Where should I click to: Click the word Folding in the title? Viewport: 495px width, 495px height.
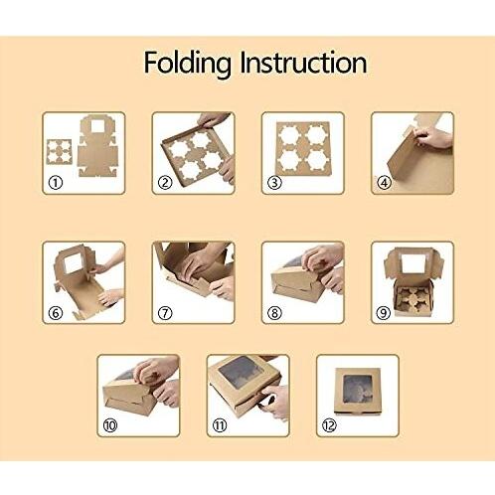pyautogui.click(x=186, y=63)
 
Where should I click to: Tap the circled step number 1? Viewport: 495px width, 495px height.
pyautogui.click(x=56, y=183)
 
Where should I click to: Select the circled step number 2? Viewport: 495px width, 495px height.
pyautogui.click(x=165, y=183)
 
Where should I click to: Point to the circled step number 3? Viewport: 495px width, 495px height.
pyautogui.click(x=274, y=183)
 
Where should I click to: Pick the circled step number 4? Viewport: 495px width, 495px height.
pyautogui.click(x=384, y=183)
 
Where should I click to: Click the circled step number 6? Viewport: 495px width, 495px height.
pyautogui.click(x=56, y=312)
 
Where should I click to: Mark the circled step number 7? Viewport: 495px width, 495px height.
pyautogui.click(x=165, y=312)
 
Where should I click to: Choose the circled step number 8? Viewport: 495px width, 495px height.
pyautogui.click(x=274, y=312)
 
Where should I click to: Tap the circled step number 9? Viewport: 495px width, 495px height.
pyautogui.click(x=384, y=312)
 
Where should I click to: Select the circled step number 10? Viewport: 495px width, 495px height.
pyautogui.click(x=110, y=425)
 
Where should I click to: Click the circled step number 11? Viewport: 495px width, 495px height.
pyautogui.click(x=220, y=425)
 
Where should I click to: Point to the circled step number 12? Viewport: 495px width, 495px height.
pyautogui.click(x=329, y=425)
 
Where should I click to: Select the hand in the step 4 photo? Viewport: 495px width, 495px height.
pyautogui.click(x=434, y=137)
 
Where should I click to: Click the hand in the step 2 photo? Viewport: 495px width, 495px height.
pyautogui.click(x=215, y=120)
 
